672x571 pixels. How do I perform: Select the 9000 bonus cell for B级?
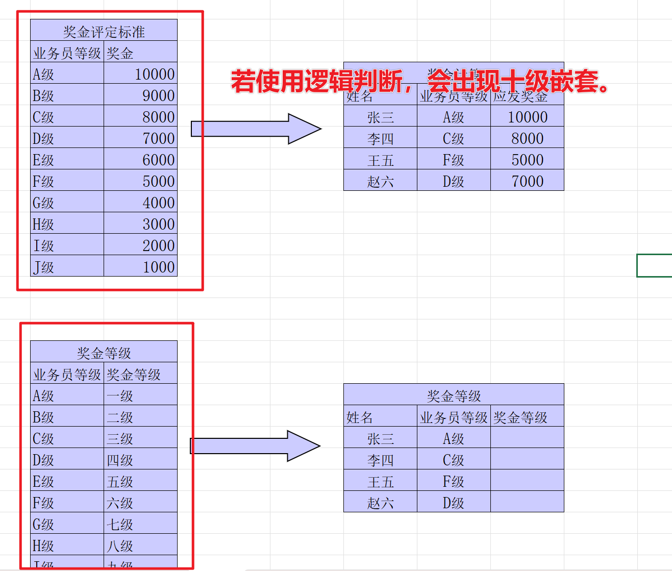(x=141, y=95)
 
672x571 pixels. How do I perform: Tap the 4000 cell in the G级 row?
(x=141, y=203)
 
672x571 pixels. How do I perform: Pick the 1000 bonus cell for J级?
(x=141, y=267)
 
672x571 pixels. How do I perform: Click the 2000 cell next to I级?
(x=141, y=245)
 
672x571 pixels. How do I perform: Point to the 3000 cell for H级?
(x=141, y=224)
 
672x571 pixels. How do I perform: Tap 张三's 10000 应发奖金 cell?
(x=527, y=117)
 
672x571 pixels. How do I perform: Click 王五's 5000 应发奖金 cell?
(x=527, y=160)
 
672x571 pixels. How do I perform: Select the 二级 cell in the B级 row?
(x=141, y=417)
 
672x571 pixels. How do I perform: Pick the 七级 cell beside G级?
(x=141, y=524)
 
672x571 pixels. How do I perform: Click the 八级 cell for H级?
(x=141, y=545)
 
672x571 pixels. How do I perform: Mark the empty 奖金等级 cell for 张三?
(x=527, y=438)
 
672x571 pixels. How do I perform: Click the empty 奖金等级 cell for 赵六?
(x=527, y=503)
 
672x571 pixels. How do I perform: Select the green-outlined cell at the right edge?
(x=655, y=265)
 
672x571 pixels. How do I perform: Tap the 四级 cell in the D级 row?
(x=141, y=460)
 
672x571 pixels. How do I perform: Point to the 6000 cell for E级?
(x=141, y=160)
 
